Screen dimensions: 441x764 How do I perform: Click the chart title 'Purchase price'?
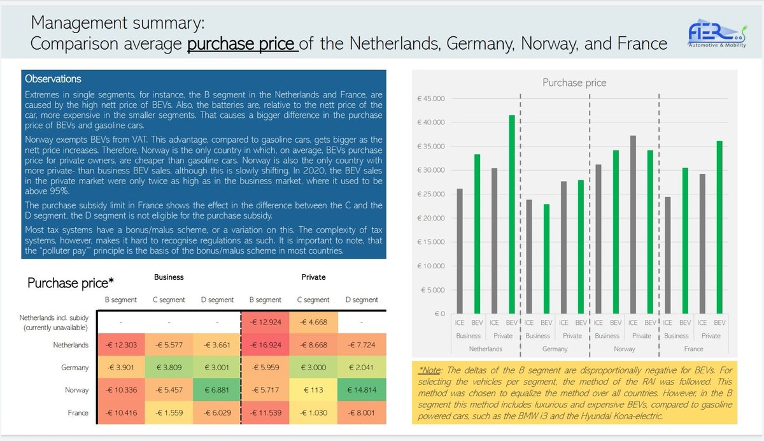tap(574, 83)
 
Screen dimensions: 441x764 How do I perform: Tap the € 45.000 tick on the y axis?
tap(432, 98)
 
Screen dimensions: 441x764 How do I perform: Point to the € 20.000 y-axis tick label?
tap(432, 218)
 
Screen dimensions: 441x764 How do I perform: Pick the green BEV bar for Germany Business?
tap(546, 259)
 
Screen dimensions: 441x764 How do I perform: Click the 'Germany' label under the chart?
tap(555, 349)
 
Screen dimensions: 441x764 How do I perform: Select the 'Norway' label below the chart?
tap(624, 349)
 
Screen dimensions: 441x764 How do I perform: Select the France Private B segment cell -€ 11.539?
tap(265, 412)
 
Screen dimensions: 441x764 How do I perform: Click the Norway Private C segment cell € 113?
tap(313, 389)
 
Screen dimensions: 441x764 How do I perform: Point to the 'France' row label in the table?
tap(78, 412)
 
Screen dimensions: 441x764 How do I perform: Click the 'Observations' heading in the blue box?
tap(53, 79)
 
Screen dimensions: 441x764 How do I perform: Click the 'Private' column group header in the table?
tap(313, 277)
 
